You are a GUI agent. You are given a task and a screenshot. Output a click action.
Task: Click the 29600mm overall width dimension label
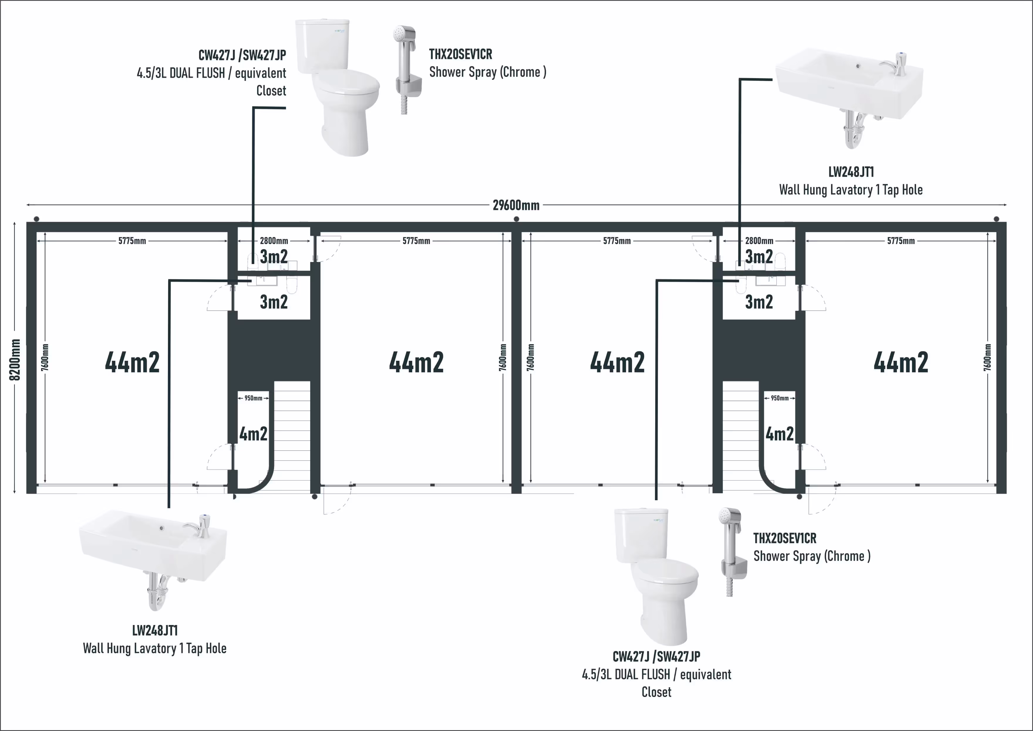click(x=516, y=205)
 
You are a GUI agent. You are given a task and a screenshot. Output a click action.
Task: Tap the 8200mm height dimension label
click(x=15, y=360)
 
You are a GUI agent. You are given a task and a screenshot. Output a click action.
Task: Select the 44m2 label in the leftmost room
click(x=132, y=362)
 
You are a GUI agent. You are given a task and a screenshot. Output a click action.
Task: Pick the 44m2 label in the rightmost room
click(x=901, y=362)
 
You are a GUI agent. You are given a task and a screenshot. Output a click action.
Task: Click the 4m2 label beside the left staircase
click(x=253, y=434)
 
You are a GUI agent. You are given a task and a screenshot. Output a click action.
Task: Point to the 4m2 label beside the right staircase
click(x=780, y=434)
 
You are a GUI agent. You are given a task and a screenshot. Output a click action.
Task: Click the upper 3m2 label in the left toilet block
click(x=274, y=257)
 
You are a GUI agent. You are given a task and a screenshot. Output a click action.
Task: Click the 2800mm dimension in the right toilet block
click(x=759, y=241)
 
